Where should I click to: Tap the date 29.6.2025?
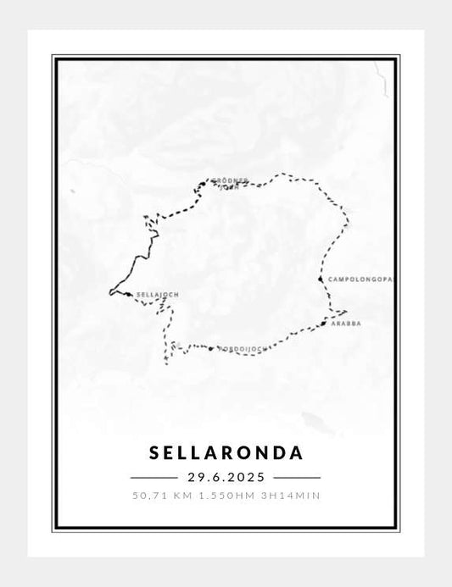pyautogui.click(x=226, y=478)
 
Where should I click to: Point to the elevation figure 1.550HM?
pyautogui.click(x=223, y=496)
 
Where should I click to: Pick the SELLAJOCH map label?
pyautogui.click(x=158, y=296)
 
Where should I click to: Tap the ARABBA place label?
pyautogui.click(x=347, y=324)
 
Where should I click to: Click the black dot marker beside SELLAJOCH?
pyautogui.click(x=127, y=295)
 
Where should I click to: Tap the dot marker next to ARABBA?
pyautogui.click(x=324, y=324)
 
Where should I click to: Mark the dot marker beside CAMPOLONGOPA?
pyautogui.click(x=320, y=279)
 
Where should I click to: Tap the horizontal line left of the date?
pyautogui.click(x=153, y=478)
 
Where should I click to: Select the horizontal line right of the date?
pyautogui.click(x=299, y=478)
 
